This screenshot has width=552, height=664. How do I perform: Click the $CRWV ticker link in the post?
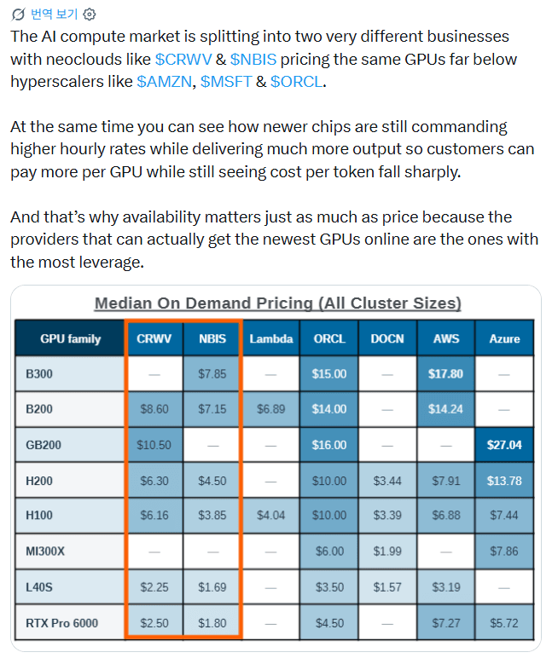183,60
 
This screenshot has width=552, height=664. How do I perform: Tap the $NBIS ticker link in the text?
253,60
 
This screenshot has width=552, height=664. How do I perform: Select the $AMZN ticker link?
165,82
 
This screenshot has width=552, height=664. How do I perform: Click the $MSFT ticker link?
226,82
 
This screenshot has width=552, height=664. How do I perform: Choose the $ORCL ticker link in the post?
296,82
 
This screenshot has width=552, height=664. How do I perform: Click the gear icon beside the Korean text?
89,14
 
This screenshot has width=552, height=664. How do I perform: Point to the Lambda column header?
271,338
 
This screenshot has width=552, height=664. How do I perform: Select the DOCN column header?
387,338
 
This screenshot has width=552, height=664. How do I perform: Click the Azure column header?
504,338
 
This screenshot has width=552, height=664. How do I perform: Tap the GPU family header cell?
70,338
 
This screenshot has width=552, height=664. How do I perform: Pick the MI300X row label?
45,551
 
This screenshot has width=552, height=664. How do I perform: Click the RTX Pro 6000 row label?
62,623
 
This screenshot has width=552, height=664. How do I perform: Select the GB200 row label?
44,445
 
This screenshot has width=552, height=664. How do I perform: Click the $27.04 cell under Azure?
504,445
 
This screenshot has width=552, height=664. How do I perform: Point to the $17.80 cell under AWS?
445,374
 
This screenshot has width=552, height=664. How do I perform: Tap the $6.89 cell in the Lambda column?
271,409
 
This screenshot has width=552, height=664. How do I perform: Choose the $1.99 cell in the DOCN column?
387,551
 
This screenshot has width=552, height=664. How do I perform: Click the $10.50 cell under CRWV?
154,445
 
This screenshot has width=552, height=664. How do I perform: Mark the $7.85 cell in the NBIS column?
212,374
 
